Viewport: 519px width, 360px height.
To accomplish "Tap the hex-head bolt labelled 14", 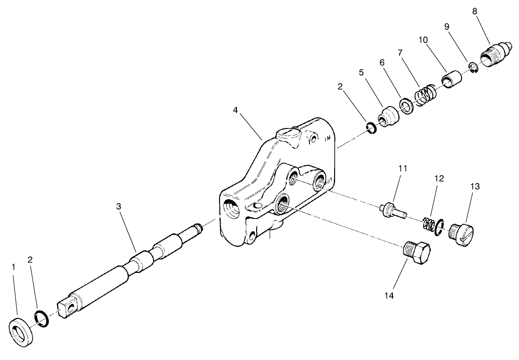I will (416, 253).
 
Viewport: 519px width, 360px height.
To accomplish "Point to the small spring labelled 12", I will (431, 225).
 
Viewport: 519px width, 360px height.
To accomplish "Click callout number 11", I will (402, 168).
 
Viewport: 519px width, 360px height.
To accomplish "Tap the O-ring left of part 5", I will (371, 128).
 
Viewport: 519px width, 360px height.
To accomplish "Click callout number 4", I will (235, 110).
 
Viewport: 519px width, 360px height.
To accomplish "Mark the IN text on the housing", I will (328, 139).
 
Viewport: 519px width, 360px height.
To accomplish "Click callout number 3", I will (119, 206).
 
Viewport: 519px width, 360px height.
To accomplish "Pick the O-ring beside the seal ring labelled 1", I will (40, 318).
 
